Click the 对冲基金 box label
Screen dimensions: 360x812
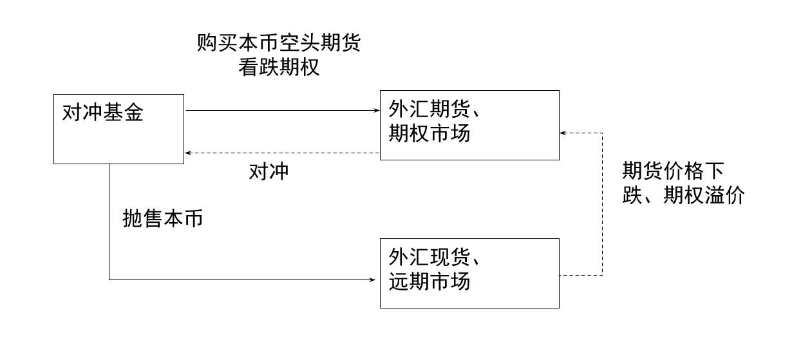[x=102, y=113]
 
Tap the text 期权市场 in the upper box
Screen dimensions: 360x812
[x=430, y=133]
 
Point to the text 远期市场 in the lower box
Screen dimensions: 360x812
[x=430, y=281]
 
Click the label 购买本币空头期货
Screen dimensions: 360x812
[x=279, y=43]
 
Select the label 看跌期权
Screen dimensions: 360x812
[x=279, y=67]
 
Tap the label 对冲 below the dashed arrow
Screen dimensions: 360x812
[x=269, y=171]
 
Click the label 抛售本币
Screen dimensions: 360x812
[x=163, y=219]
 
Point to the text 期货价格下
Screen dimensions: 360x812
[x=673, y=171]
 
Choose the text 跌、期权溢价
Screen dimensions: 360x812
[x=683, y=195]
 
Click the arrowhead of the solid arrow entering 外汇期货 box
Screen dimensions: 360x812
[x=377, y=110]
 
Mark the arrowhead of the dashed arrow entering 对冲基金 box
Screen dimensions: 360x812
[x=188, y=153]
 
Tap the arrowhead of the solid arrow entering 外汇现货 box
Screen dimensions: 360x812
[x=372, y=279]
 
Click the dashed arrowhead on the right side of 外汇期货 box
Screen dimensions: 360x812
[x=563, y=133]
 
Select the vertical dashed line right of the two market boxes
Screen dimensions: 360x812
[x=602, y=204]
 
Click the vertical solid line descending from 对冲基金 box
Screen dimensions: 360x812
[x=109, y=222]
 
